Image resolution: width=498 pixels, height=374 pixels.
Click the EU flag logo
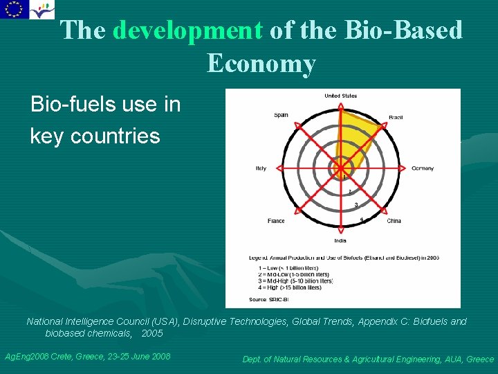(x=12, y=9)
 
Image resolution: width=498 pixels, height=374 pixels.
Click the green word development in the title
(x=187, y=30)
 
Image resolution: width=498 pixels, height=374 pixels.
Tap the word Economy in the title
(x=261, y=63)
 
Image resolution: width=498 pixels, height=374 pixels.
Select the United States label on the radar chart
(x=340, y=96)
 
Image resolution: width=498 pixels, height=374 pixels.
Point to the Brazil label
(x=396, y=118)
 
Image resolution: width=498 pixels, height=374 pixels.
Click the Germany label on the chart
(x=423, y=168)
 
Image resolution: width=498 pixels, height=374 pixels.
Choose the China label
(x=394, y=221)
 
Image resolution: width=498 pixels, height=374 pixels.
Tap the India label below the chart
(x=340, y=241)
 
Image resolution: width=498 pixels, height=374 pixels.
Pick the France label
(x=276, y=221)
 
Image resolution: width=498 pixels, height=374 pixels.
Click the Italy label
(x=261, y=168)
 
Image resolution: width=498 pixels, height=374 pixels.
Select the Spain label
(x=281, y=115)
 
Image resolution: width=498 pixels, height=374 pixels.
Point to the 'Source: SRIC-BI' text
(x=268, y=300)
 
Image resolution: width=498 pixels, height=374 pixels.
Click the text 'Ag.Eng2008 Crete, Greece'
(x=87, y=356)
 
